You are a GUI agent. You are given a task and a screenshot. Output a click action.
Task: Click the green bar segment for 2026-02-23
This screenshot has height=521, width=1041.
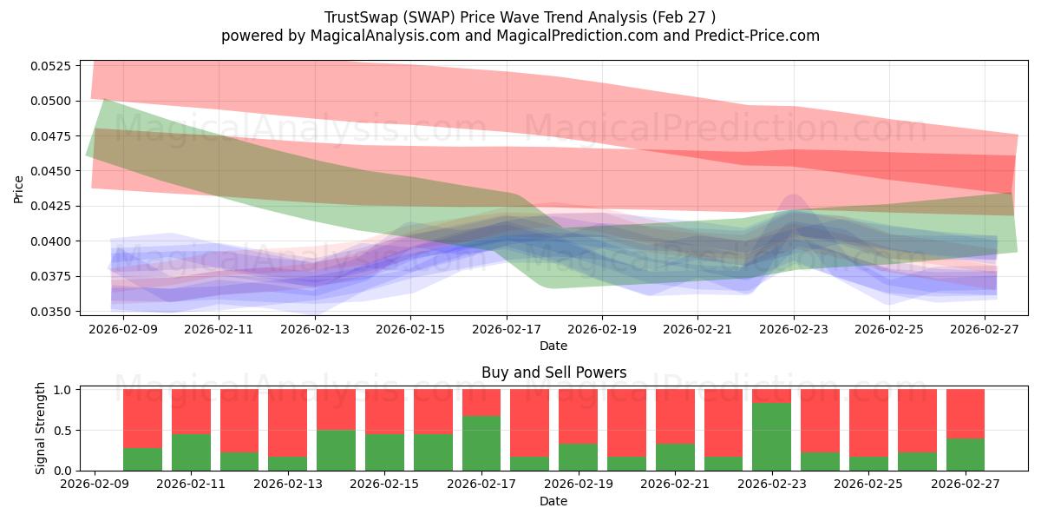pos(771,437)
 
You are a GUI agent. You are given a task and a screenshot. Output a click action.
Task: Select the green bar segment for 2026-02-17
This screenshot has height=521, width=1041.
pos(481,444)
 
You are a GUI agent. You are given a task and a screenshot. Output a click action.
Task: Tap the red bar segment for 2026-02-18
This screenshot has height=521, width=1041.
pos(530,423)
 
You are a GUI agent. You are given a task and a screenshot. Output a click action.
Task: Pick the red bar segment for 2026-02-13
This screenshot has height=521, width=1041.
pos(288,423)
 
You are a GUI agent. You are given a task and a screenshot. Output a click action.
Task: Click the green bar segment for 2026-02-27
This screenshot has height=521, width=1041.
pos(966,454)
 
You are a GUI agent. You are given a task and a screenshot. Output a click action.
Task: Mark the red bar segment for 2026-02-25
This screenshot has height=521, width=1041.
pos(868,423)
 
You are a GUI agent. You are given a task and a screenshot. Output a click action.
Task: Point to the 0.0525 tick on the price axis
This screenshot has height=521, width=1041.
pos(51,66)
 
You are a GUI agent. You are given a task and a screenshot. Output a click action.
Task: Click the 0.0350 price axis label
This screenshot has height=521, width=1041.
pos(51,312)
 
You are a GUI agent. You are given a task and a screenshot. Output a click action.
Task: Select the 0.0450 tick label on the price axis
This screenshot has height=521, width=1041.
pos(51,171)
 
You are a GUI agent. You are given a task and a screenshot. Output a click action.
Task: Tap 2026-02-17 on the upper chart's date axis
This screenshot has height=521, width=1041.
pos(507,329)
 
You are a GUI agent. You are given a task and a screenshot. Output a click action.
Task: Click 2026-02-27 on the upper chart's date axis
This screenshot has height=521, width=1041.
pos(985,329)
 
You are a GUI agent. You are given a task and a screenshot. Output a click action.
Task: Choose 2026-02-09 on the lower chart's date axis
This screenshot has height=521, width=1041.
pos(95,484)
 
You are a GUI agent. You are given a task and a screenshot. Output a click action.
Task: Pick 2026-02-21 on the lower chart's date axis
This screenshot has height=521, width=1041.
pos(675,484)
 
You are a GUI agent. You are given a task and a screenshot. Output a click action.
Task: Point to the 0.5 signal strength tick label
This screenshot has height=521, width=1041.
pos(62,431)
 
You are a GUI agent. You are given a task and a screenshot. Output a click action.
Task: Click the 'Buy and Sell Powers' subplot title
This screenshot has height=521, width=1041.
pos(554,373)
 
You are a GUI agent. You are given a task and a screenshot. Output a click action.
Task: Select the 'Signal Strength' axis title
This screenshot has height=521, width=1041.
pos(41,428)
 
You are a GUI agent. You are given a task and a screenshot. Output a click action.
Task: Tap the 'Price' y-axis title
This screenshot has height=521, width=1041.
pos(18,189)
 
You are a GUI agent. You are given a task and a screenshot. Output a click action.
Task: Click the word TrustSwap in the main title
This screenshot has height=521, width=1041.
pos(362,17)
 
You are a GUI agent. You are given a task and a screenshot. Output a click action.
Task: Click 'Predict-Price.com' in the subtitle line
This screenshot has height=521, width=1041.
pos(757,36)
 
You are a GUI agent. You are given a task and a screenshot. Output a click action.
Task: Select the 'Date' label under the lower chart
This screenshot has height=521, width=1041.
pos(553,501)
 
